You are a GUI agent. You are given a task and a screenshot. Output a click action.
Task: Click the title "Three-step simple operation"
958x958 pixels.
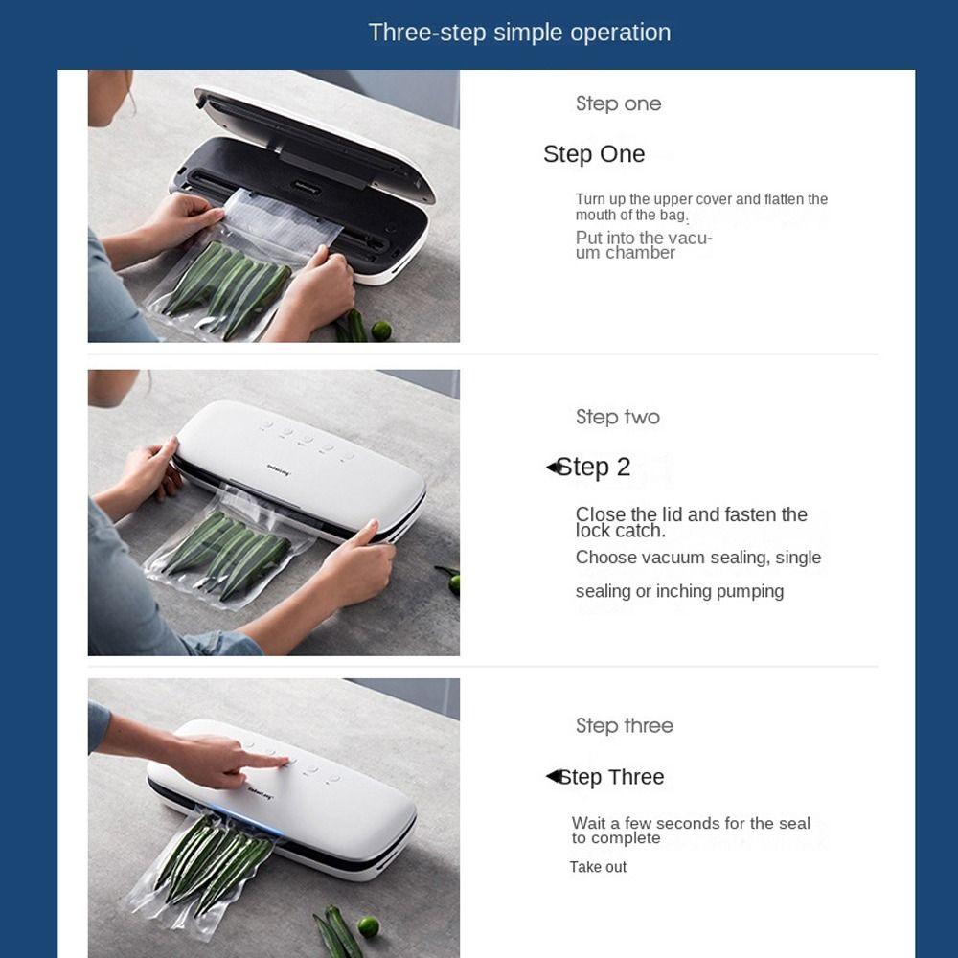coord(519,33)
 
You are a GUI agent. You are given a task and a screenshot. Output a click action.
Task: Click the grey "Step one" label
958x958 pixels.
coord(618,103)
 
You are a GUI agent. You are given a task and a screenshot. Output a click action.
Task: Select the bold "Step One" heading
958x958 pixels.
coord(594,154)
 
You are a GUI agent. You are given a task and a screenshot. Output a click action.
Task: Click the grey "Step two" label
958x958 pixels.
coord(618,418)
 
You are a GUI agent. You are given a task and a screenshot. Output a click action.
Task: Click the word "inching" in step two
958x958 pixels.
coord(684,591)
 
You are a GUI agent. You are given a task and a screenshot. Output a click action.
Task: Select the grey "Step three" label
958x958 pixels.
coord(625,726)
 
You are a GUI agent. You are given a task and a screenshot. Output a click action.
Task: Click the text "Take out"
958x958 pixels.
coord(598,867)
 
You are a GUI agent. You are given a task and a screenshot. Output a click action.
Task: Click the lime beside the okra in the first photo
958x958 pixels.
coord(380,331)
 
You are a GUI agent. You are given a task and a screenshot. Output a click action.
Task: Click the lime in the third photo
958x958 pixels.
coord(368,926)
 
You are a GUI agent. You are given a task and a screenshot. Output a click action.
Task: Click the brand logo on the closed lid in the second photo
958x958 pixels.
coord(279,469)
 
